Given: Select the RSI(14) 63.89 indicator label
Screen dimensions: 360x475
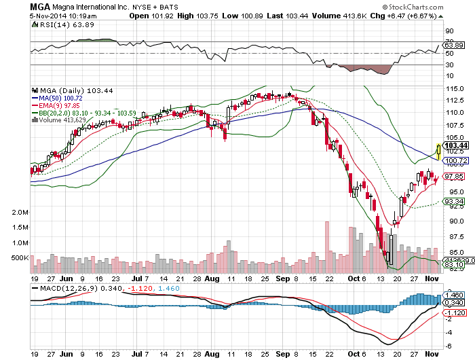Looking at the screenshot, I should tap(60, 24).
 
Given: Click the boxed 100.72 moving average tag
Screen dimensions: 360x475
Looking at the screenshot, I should tap(453, 160).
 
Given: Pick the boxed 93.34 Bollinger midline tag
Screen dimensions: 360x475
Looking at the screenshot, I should tap(453, 201).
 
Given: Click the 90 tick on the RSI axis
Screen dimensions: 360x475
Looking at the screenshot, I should tap(449, 31).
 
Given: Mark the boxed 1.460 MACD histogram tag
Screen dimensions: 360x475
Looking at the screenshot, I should tap(453, 296).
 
